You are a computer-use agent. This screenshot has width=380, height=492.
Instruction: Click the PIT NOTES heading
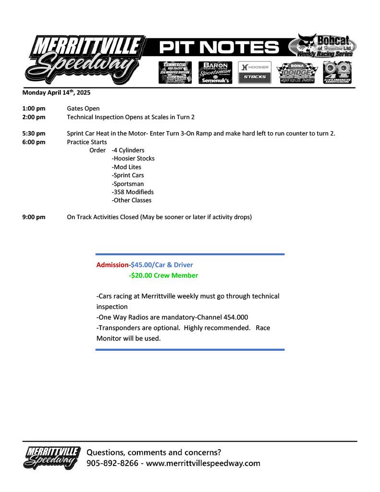[x=219, y=48]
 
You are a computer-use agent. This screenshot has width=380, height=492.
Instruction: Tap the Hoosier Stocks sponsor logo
[x=255, y=72]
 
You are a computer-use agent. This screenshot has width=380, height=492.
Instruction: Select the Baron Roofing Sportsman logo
[x=215, y=72]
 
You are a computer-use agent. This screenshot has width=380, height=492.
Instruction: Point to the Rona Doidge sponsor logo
[x=295, y=73]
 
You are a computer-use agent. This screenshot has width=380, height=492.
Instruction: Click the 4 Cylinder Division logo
[x=337, y=73]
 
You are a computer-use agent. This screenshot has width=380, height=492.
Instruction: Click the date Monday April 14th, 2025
[x=56, y=92]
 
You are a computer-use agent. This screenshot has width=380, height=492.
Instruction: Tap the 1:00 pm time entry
[x=34, y=109]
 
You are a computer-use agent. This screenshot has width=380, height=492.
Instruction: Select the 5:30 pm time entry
[x=34, y=134]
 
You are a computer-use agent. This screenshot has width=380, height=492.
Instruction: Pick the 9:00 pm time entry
[x=34, y=217]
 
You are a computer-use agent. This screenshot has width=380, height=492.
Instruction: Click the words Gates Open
[x=83, y=109]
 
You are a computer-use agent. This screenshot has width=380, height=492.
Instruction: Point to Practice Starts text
[x=87, y=142]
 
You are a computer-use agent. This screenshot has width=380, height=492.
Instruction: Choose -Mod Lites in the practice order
[x=126, y=167]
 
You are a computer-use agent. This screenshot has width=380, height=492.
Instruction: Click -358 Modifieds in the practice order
[x=133, y=192]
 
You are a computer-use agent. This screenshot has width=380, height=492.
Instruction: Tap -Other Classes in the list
[x=131, y=200]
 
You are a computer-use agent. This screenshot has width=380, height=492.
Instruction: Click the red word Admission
[x=112, y=265]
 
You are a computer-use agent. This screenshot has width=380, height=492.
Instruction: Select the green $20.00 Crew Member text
[x=163, y=275]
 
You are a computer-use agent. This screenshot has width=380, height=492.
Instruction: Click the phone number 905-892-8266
[x=112, y=463]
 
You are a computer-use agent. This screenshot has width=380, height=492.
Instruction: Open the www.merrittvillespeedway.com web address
[x=203, y=463]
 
